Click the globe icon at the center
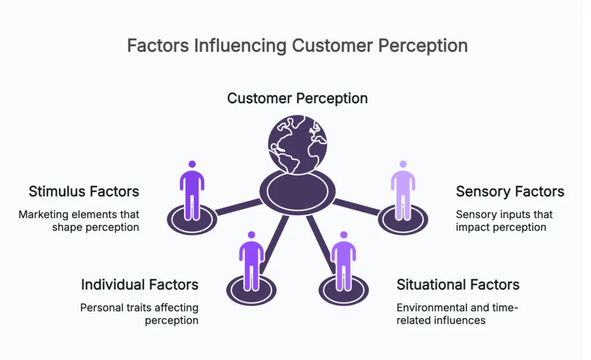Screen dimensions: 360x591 click(297, 144)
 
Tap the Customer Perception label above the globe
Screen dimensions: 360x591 click(297, 98)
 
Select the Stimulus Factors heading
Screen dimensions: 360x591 click(84, 191)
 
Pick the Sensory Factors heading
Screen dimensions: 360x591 click(510, 191)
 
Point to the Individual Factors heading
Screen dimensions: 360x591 click(139, 284)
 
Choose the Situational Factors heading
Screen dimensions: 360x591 click(458, 284)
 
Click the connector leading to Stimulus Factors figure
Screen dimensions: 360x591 click(238, 207)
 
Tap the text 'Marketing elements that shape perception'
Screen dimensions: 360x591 click(79, 220)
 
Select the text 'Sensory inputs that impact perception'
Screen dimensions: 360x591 click(504, 220)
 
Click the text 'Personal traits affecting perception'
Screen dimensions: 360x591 click(139, 313)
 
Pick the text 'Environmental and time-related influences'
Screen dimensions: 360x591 click(458, 313)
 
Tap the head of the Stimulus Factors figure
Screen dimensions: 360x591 click(192, 164)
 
